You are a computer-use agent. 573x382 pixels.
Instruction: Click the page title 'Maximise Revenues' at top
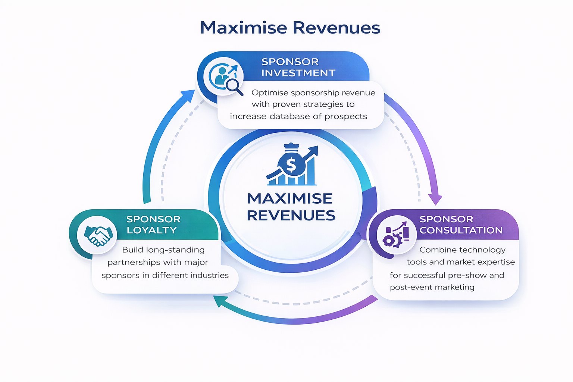pyautogui.click(x=290, y=28)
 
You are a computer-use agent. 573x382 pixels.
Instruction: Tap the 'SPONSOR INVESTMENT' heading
pyautogui.click(x=298, y=67)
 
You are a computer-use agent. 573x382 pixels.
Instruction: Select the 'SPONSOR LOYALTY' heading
pyautogui.click(x=153, y=225)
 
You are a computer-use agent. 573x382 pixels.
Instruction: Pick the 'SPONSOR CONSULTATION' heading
pyautogui.click(x=461, y=225)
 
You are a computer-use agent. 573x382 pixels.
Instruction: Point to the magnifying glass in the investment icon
pyautogui.click(x=234, y=86)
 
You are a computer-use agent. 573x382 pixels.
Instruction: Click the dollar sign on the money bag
pyautogui.click(x=291, y=165)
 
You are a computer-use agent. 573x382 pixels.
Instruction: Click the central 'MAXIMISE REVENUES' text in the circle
pyautogui.click(x=291, y=207)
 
